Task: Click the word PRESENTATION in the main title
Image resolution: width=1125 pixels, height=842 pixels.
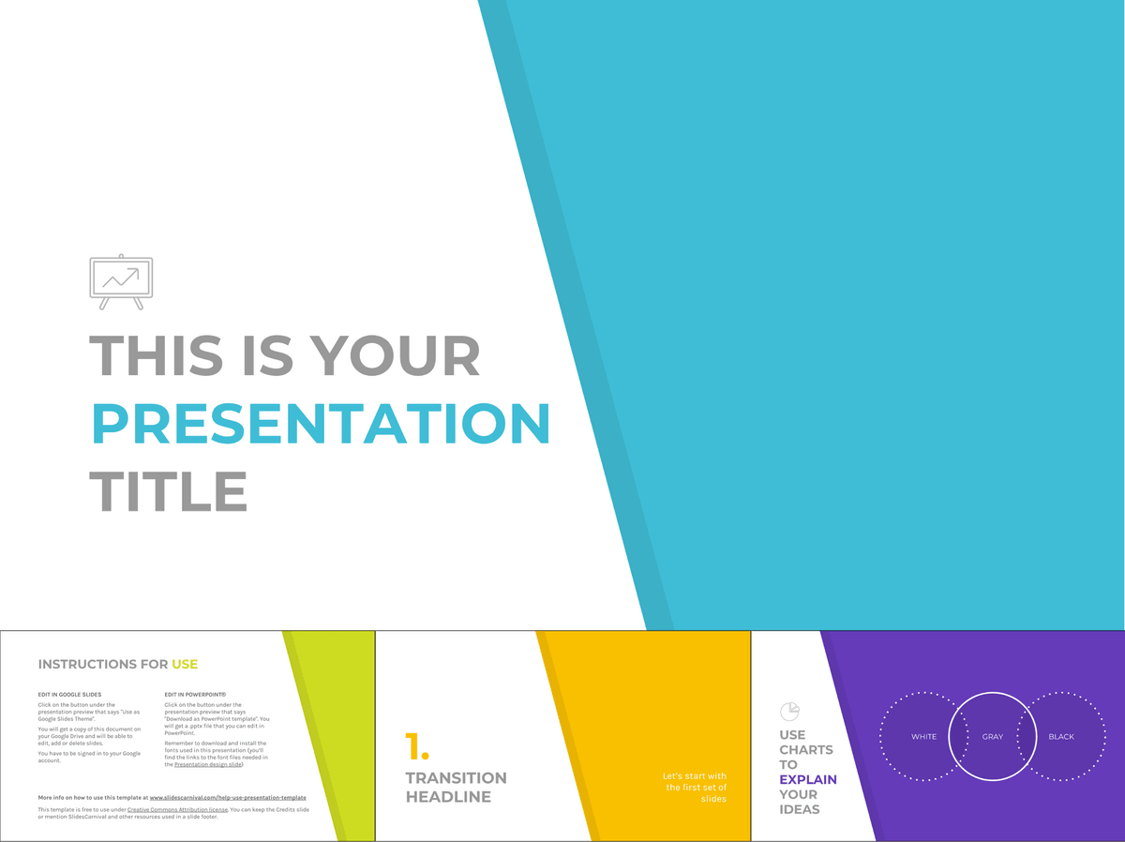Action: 321,424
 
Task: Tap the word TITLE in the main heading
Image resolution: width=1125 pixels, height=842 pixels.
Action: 169,490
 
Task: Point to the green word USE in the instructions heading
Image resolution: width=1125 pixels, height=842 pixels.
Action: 185,664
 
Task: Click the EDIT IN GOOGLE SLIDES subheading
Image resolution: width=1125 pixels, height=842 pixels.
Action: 69,695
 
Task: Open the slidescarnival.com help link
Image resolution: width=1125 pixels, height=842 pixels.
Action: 228,798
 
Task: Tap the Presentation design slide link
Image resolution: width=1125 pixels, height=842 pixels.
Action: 208,765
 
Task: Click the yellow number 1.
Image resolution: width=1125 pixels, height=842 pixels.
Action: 416,746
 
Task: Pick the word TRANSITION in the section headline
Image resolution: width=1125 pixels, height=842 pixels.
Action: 456,778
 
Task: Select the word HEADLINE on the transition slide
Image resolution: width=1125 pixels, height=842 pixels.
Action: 448,797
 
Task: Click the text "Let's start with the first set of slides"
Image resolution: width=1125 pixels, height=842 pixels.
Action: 695,788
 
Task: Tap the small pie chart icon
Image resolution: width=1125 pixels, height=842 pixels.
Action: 789,712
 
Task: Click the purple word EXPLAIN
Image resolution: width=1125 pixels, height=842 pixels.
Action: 808,779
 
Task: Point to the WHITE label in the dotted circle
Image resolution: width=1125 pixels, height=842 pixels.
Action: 923,737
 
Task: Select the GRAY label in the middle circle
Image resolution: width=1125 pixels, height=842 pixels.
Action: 993,737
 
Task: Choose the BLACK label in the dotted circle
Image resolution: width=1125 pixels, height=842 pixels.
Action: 1061,737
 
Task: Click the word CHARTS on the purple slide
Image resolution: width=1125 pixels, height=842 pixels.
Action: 806,750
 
